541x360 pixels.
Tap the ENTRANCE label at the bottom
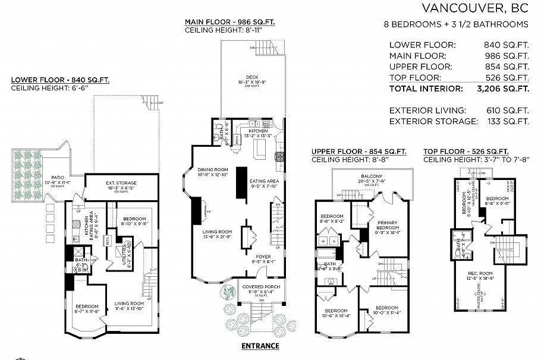point(260,346)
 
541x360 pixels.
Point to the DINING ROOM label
point(213,170)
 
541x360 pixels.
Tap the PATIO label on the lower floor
point(58,177)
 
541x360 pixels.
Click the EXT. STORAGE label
point(121,183)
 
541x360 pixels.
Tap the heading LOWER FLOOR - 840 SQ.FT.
point(60,80)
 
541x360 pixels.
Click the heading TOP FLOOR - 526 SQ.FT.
point(465,151)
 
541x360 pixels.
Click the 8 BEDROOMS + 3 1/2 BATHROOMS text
point(456,24)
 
